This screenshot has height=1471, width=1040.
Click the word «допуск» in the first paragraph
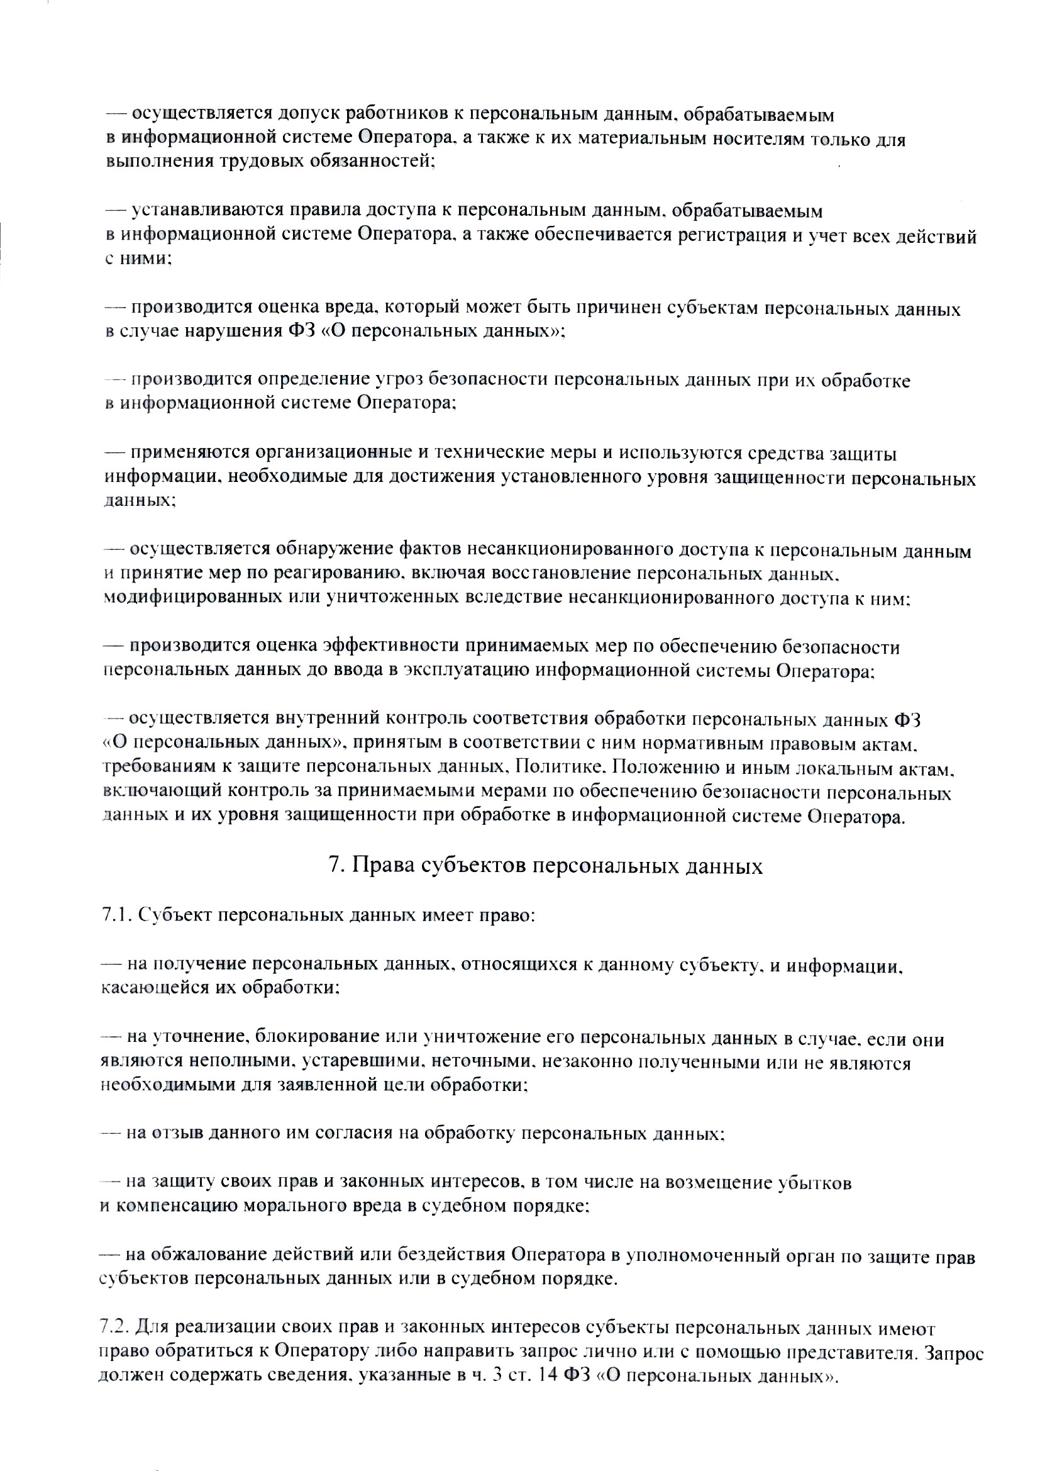[x=310, y=115]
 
